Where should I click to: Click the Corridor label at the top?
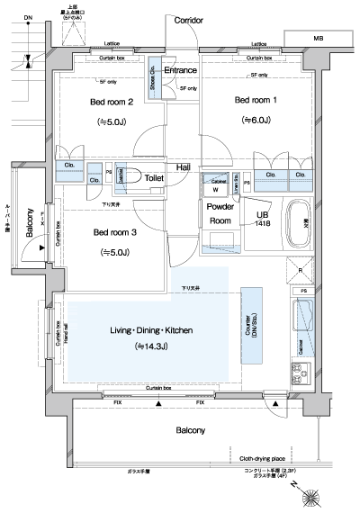(x=188, y=19)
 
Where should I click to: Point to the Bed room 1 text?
(x=256, y=100)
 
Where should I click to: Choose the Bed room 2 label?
(x=112, y=102)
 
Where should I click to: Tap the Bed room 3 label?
(x=114, y=232)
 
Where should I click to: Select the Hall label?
(x=183, y=167)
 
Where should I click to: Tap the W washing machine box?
(x=215, y=189)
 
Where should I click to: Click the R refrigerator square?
(x=300, y=269)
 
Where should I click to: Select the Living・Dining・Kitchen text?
(x=152, y=331)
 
